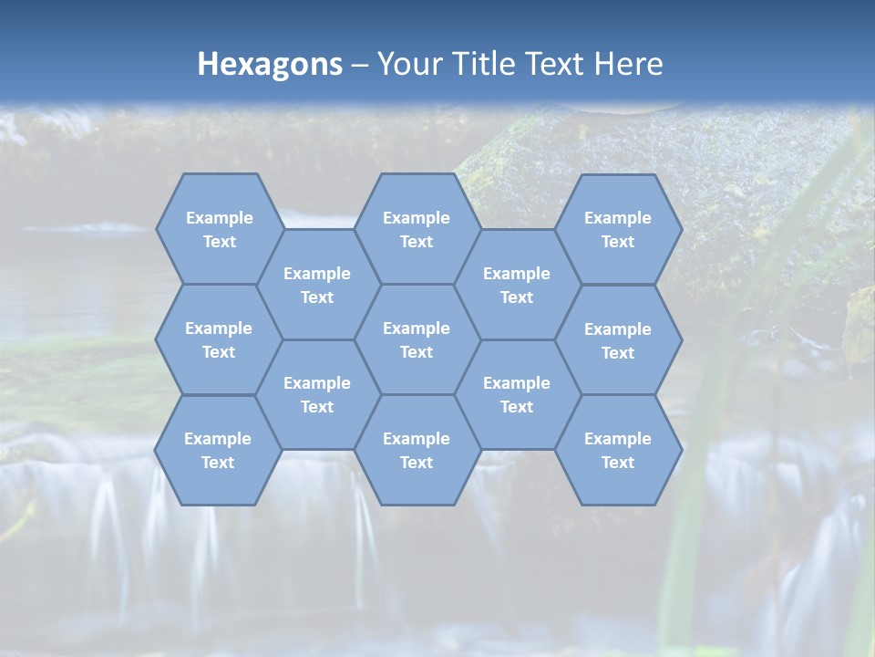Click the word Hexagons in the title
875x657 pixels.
coord(270,64)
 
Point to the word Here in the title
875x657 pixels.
coord(628,64)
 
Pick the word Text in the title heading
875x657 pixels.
coord(556,64)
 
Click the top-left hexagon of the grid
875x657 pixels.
coord(219,229)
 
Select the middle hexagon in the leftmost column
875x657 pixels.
coord(219,339)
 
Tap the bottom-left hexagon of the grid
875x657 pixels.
coord(218,450)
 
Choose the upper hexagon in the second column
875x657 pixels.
coord(317,285)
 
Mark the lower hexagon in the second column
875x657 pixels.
coord(317,394)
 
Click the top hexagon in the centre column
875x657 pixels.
coord(417,229)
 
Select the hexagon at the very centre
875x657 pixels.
coord(417,339)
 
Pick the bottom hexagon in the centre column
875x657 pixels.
coord(417,450)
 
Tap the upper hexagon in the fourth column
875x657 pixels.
coord(517,285)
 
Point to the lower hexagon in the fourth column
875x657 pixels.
coord(517,394)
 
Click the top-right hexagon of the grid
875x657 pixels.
coord(618,229)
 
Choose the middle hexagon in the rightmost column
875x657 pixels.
coord(618,340)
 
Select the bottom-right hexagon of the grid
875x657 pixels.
coord(618,450)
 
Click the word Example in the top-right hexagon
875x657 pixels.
coord(618,218)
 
